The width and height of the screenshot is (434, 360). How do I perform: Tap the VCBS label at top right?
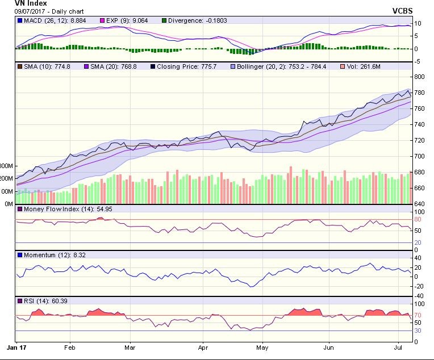(402, 11)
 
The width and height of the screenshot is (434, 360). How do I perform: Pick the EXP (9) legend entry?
(127, 20)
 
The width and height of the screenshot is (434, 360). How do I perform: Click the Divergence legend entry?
(195, 20)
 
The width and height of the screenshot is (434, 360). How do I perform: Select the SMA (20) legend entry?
(119, 66)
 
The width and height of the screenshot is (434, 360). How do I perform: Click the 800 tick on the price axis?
(419, 76)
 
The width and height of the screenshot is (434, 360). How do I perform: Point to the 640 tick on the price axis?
(419, 204)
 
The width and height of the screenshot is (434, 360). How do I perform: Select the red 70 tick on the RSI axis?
(418, 315)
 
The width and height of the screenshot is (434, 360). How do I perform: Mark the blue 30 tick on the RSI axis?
(418, 330)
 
